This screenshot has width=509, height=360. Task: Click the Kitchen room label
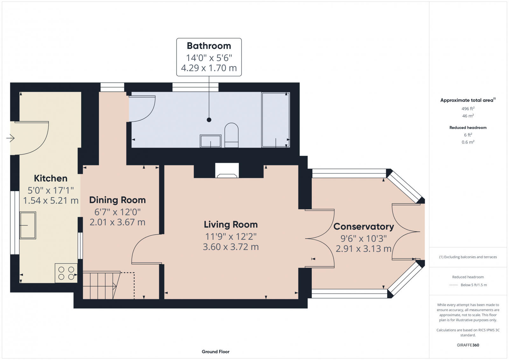pos(51,178)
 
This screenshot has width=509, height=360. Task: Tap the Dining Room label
pos(117,200)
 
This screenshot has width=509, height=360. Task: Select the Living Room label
pos(231,225)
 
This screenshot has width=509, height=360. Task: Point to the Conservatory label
pos(364,227)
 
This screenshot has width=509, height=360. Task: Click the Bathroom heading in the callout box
pos(209,46)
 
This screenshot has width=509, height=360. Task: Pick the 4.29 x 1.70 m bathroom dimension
pos(209,68)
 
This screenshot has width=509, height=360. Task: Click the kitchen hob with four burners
pos(66,273)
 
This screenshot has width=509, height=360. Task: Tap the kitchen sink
pos(28,225)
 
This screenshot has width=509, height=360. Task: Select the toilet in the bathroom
pos(231,135)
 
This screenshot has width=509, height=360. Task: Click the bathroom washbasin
pos(210,141)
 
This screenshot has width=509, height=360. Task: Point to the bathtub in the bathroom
pos(275,120)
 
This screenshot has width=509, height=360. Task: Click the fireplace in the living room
pos(227,170)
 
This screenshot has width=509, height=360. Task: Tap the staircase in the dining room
pos(101,285)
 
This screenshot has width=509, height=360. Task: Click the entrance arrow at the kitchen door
pos(10,138)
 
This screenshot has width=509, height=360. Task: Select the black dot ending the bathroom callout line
pos(209,120)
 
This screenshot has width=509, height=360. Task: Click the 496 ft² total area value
pos(468,108)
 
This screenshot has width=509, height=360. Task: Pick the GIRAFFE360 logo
pos(468,345)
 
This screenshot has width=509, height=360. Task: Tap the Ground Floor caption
pos(215,352)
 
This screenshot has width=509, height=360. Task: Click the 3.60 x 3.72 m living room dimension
pos(231,247)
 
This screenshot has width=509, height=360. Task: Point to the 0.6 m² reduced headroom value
pos(468,142)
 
